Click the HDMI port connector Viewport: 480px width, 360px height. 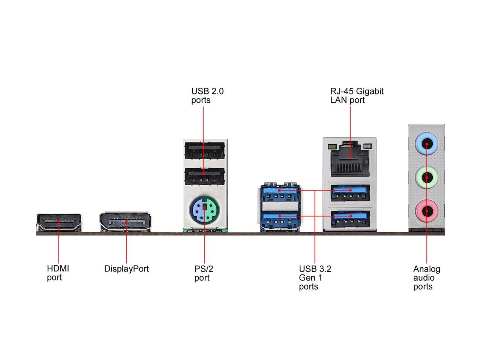59,222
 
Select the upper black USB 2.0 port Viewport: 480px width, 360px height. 204,151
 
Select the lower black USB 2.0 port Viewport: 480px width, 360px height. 204,176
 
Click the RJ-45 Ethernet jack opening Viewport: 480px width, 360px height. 350,159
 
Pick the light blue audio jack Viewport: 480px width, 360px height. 427,142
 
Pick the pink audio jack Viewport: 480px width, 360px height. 427,211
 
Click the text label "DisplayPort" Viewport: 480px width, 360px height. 126,269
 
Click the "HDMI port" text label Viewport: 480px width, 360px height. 58,273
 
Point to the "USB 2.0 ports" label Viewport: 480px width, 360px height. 207,96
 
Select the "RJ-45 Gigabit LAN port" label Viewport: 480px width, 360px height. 357,96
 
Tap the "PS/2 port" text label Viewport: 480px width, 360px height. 204,273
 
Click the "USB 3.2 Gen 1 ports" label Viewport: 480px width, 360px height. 315,277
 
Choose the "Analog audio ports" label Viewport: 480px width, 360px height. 426,277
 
